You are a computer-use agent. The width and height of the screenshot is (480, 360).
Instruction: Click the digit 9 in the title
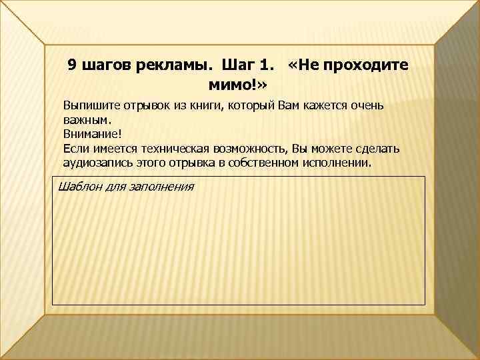point(73,65)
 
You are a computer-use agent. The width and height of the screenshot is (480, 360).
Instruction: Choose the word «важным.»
point(85,121)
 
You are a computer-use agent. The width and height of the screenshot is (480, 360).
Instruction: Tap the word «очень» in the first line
point(366,106)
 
